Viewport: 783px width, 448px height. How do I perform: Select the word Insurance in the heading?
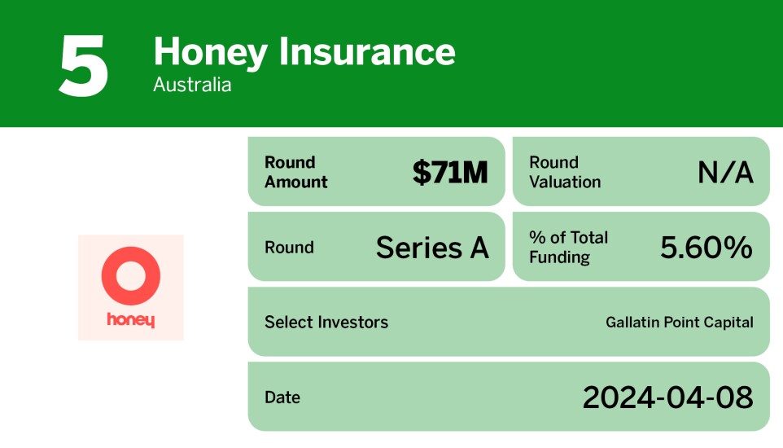point(366,52)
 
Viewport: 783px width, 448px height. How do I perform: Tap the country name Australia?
point(192,85)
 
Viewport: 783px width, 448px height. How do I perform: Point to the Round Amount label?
point(296,172)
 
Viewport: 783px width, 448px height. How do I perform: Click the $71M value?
point(450,172)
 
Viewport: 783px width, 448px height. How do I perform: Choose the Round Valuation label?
point(565,172)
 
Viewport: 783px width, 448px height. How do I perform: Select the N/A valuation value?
point(725,172)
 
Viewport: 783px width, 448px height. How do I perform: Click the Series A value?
point(432,248)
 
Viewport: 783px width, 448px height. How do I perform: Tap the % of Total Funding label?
point(568,248)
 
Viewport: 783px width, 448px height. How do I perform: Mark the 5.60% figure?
point(706,248)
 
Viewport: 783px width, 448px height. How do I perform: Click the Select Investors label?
point(326,323)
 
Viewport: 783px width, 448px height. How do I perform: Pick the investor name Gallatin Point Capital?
point(680,323)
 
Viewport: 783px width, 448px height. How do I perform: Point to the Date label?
point(282,397)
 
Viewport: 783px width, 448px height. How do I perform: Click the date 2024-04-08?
point(667,397)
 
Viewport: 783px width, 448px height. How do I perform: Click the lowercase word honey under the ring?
point(130,320)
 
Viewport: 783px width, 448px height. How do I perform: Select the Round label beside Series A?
point(289,248)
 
